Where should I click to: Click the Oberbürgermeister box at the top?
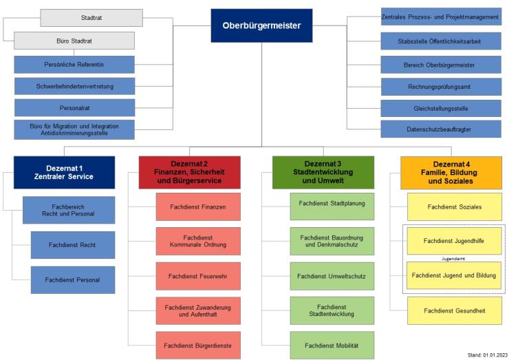click(x=261, y=25)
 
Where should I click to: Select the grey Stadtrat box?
click(x=91, y=17)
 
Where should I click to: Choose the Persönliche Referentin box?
click(x=74, y=65)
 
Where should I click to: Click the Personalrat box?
click(x=74, y=107)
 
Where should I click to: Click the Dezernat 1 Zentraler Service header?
click(x=64, y=172)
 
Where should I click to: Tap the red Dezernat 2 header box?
click(x=189, y=172)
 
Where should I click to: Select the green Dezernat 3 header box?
click(x=323, y=172)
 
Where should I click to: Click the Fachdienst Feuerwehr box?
click(x=198, y=276)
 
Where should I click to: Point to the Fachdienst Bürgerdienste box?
click(x=198, y=345)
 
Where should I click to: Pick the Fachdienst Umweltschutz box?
click(x=332, y=276)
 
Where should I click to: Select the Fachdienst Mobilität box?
click(x=332, y=345)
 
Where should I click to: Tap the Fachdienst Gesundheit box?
click(x=454, y=310)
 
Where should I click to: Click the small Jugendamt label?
click(x=454, y=259)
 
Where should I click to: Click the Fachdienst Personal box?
click(x=74, y=279)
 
